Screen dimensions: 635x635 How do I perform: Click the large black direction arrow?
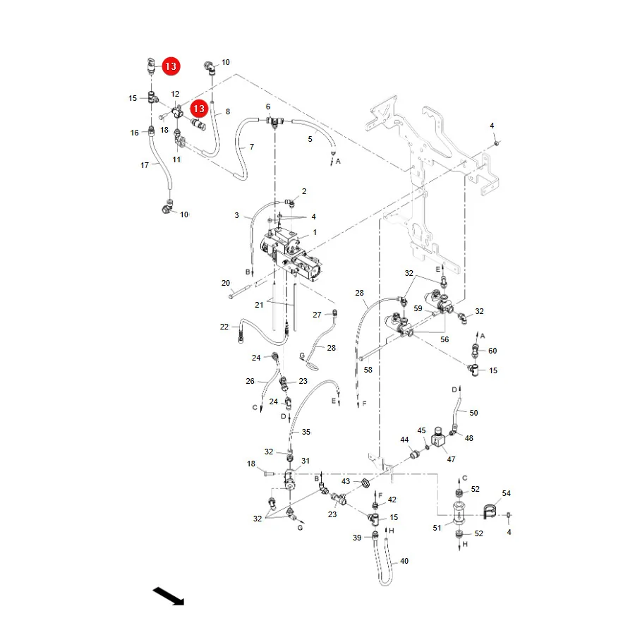click(x=169, y=596)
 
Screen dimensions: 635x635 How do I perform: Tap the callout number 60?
click(x=492, y=351)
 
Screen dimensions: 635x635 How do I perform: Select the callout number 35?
click(x=306, y=432)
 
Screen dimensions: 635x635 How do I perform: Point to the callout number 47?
click(x=451, y=459)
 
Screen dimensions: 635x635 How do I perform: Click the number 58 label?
click(x=368, y=370)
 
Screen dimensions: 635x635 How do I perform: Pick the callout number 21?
click(x=259, y=305)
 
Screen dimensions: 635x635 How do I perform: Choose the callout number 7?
click(x=252, y=147)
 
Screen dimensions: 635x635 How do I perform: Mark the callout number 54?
click(x=506, y=493)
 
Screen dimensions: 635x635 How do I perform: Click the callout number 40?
click(x=404, y=561)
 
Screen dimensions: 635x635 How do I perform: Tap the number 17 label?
click(x=145, y=165)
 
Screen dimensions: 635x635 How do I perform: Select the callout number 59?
click(x=418, y=308)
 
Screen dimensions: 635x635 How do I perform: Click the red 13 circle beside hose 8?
click(x=199, y=109)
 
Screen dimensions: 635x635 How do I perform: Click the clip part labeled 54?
click(x=490, y=512)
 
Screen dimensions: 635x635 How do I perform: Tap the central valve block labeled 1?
click(x=291, y=254)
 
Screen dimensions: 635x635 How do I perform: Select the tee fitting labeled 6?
click(x=275, y=121)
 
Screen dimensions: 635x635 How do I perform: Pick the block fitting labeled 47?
click(x=438, y=437)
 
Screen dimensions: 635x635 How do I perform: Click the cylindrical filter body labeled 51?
click(x=459, y=514)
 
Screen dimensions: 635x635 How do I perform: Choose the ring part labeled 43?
click(x=365, y=483)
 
